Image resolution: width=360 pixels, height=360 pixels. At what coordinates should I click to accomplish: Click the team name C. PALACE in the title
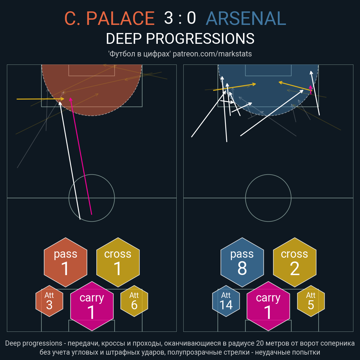coord(109,18)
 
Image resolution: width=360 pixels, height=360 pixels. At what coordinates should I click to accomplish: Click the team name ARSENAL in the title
coord(246,18)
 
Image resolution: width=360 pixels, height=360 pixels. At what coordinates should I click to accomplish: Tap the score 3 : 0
coord(180,18)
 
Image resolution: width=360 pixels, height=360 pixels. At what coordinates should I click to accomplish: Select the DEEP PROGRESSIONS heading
coord(180,39)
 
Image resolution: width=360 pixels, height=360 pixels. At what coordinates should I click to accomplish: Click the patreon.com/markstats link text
coord(212,54)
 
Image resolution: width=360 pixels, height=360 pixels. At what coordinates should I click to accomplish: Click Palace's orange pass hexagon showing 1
coord(66,262)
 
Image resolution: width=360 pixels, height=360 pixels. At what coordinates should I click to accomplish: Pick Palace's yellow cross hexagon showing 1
coord(118,262)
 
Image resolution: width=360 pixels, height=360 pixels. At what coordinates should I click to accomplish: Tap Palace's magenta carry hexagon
coord(92,306)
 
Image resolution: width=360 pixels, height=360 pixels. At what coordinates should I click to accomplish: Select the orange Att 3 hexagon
coord(49,301)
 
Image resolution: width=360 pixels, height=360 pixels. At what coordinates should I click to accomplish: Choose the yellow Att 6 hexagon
coord(134,301)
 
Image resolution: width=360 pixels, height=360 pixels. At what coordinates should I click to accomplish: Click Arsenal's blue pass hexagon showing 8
coord(242,262)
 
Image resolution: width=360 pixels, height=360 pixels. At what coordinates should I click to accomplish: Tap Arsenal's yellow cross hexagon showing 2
coord(295,262)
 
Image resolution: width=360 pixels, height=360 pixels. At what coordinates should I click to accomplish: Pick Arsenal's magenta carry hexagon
coord(268,306)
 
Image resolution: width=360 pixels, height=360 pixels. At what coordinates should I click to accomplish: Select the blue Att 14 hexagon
coord(226,301)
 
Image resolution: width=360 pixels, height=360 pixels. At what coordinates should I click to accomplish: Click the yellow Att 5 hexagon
coord(311,301)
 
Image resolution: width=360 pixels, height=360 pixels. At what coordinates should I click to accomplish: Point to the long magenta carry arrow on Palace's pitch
coord(81,156)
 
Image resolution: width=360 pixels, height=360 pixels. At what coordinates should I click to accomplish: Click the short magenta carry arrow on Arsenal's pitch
coord(311,90)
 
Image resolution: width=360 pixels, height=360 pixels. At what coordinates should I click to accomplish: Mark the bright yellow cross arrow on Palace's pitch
coord(40,99)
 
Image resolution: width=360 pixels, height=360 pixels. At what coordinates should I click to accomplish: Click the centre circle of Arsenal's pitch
coord(268,175)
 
